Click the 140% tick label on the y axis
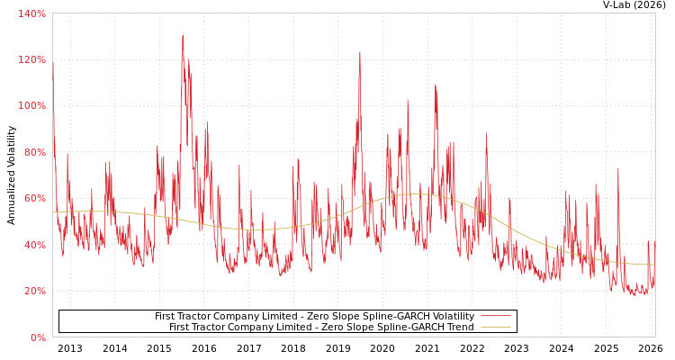[x=31, y=13]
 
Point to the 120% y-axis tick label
[x=31, y=59]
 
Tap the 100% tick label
[x=31, y=106]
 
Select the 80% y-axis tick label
[x=33, y=152]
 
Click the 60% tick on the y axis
[x=33, y=199]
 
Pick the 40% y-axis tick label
[x=33, y=245]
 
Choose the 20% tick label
[x=33, y=292]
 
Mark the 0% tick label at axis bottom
[x=38, y=337]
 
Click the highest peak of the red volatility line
[x=183, y=36]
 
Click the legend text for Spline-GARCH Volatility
[x=314, y=316]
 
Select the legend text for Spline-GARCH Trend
[x=321, y=327]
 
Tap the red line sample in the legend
[x=495, y=316]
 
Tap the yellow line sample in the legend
[x=495, y=327]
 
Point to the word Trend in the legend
[x=459, y=327]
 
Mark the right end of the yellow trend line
[x=654, y=265]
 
